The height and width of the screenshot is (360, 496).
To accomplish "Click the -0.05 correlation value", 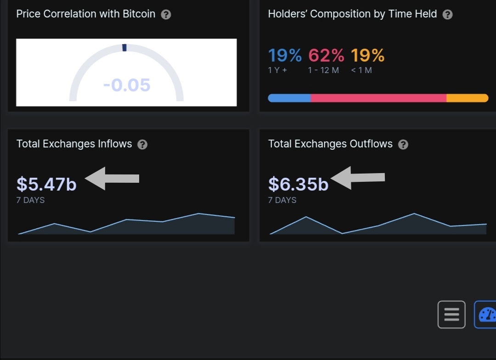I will [127, 85].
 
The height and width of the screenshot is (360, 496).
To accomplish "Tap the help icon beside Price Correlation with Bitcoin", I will [166, 14].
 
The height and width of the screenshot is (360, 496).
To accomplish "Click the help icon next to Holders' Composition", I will [447, 14].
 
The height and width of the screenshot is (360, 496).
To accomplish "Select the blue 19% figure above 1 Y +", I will [285, 56].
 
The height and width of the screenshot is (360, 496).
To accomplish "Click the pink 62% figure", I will [326, 56].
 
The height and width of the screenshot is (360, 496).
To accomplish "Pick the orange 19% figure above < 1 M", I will [367, 56].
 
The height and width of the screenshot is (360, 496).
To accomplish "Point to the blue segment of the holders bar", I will [289, 98].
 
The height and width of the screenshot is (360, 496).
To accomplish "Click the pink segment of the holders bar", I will [378, 98].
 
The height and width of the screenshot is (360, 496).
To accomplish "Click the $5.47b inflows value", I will [46, 184].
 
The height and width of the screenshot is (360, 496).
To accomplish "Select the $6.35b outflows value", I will [298, 184].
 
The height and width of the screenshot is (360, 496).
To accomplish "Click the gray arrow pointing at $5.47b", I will [112, 178].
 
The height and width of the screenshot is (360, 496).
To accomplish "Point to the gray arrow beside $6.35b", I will [358, 178].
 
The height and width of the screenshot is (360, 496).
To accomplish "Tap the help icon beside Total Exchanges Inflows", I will [142, 144].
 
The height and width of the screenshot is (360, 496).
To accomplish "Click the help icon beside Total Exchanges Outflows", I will [403, 144].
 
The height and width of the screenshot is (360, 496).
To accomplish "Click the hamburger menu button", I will [451, 315].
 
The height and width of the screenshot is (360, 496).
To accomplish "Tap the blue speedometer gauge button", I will [486, 315].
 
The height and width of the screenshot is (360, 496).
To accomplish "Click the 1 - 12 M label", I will [324, 70].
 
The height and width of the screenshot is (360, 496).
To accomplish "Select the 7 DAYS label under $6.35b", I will [282, 200].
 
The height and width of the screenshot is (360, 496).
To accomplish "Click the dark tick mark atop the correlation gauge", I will [124, 48].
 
